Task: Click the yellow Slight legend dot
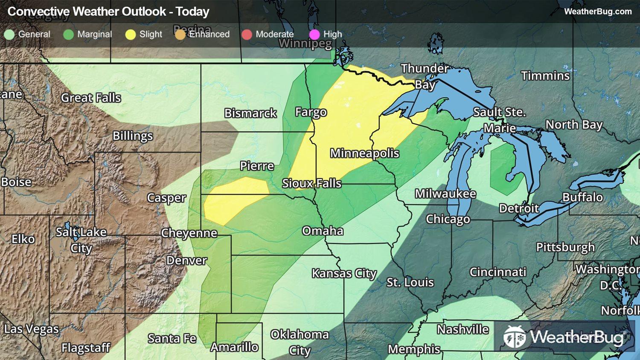(131, 35)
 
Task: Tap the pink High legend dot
(314, 35)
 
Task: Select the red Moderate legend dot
(247, 35)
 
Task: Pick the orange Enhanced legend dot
(180, 35)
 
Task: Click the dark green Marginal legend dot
(68, 35)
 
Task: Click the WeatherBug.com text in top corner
(597, 12)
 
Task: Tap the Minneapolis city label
(364, 153)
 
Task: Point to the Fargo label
(311, 112)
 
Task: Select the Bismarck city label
(250, 113)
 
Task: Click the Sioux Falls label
(311, 183)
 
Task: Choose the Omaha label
(323, 231)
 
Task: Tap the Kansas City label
(344, 273)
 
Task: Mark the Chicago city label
(448, 219)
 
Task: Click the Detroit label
(519, 208)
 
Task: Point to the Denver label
(186, 260)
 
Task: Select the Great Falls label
(91, 98)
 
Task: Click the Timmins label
(545, 76)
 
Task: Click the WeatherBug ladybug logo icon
(514, 337)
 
